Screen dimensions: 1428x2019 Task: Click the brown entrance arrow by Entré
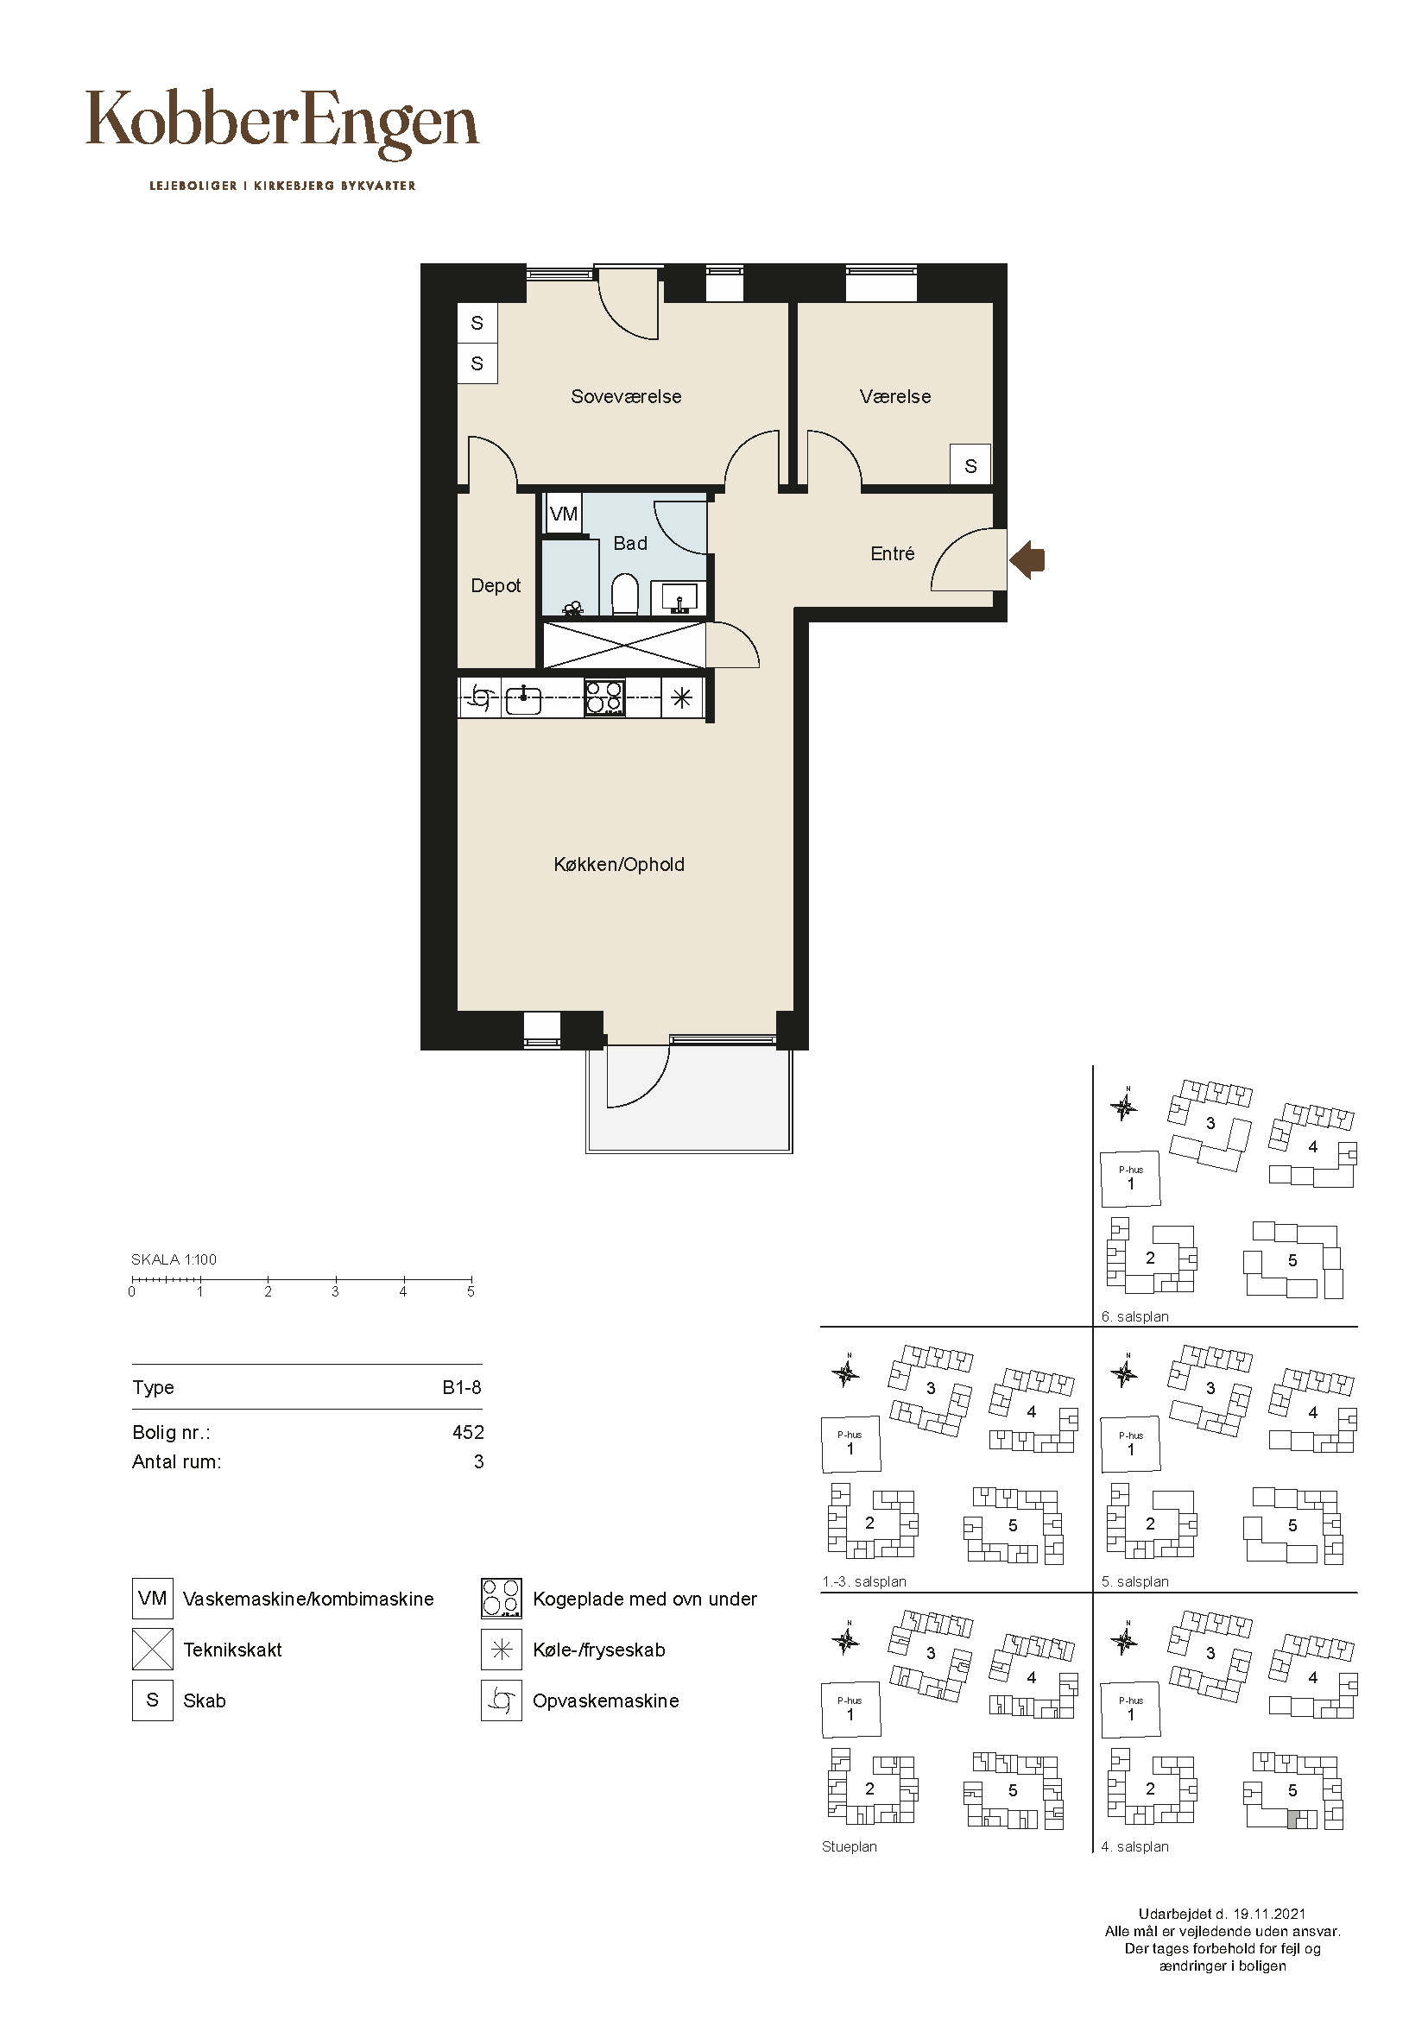(x=1027, y=559)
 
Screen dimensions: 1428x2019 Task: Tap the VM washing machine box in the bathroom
(x=564, y=514)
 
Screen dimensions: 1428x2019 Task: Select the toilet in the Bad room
(x=624, y=595)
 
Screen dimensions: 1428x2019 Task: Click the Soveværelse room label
(x=626, y=396)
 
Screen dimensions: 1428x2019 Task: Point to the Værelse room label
(x=895, y=396)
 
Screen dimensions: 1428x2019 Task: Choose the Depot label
(x=496, y=585)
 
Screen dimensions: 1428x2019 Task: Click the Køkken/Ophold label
(x=619, y=864)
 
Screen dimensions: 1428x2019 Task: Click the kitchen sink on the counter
(x=523, y=699)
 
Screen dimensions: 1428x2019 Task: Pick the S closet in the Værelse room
(x=970, y=466)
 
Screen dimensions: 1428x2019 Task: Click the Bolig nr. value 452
(x=468, y=1433)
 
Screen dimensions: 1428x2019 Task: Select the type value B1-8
(x=462, y=1388)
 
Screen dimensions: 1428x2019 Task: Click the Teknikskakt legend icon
(x=152, y=1650)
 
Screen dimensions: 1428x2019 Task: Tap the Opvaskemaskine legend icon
(x=502, y=1700)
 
